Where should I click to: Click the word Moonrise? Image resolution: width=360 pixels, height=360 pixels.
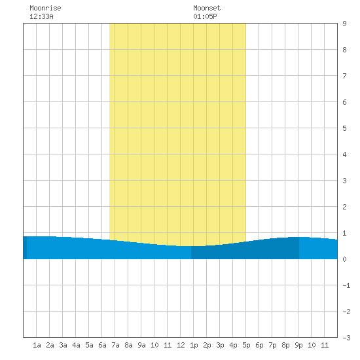point(45,8)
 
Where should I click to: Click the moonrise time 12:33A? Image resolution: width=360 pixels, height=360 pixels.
point(41,16)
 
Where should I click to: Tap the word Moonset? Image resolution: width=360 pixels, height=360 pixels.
point(207,8)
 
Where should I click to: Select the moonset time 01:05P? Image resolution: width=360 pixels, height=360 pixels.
point(205,16)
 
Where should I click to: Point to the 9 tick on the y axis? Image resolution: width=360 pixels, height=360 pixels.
point(344,24)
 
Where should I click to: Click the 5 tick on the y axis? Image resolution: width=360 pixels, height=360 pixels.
point(344,128)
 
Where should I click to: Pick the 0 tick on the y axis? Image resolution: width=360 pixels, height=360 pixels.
point(344,259)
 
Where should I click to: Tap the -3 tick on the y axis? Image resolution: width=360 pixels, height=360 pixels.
point(346,338)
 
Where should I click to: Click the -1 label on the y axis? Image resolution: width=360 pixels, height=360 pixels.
point(346,285)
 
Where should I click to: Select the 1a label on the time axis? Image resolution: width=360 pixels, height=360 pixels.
point(37,345)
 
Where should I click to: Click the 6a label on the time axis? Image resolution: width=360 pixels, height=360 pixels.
point(102,345)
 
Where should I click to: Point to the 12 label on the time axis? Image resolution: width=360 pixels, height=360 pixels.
point(181,345)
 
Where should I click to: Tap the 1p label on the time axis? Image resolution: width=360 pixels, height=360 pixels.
point(194,346)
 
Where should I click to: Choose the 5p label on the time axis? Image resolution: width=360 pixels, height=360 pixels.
point(246,346)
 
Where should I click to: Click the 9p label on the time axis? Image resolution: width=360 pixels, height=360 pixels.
point(298,346)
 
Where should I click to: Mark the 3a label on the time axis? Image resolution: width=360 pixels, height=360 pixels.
point(63,345)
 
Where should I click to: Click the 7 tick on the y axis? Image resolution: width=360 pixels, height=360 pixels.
point(344,76)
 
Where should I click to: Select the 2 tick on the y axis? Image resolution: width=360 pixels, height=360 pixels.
point(344,207)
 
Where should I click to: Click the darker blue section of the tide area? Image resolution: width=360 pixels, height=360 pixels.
point(245,251)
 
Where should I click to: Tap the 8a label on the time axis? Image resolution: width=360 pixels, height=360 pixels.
point(128,345)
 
